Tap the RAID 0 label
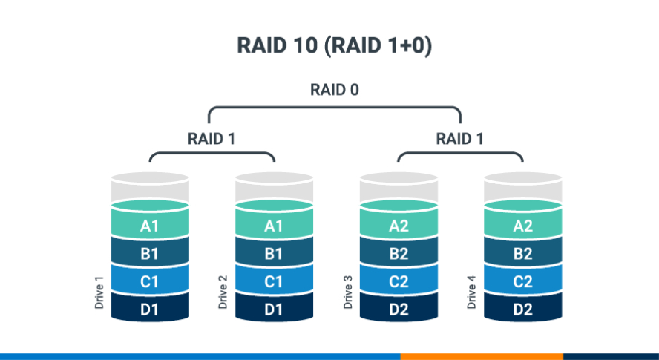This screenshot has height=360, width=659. [x=334, y=91]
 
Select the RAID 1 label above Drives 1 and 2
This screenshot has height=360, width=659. [x=212, y=138]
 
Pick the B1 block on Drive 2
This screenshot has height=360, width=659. [x=274, y=254]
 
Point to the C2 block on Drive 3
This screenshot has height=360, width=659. [x=399, y=281]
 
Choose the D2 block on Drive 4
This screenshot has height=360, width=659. [x=522, y=309]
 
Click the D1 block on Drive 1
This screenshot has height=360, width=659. [x=149, y=309]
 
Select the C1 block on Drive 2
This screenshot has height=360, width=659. [x=274, y=281]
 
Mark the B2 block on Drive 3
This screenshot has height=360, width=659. [x=399, y=254]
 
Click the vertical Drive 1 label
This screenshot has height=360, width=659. [x=99, y=291]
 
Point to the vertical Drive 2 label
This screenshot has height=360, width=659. [x=223, y=291]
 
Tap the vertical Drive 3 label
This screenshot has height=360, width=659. [x=347, y=291]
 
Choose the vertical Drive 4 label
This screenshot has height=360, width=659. [x=471, y=291]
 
